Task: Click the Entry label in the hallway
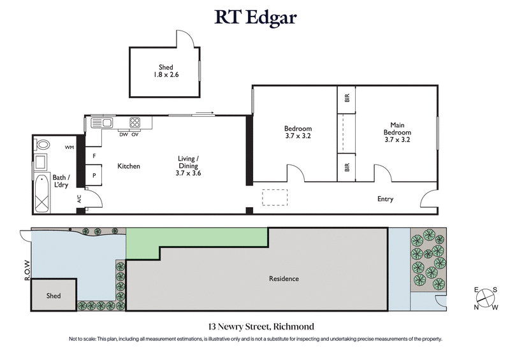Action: [x=385, y=199]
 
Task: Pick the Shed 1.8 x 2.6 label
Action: [x=166, y=71]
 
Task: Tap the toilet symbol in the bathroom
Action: [x=42, y=145]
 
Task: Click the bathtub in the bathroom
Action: [x=43, y=192]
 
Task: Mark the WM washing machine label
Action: [x=69, y=147]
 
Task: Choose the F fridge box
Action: [x=94, y=155]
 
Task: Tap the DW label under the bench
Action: [x=123, y=134]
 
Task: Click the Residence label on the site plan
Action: [x=284, y=278]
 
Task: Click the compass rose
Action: [x=485, y=298]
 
